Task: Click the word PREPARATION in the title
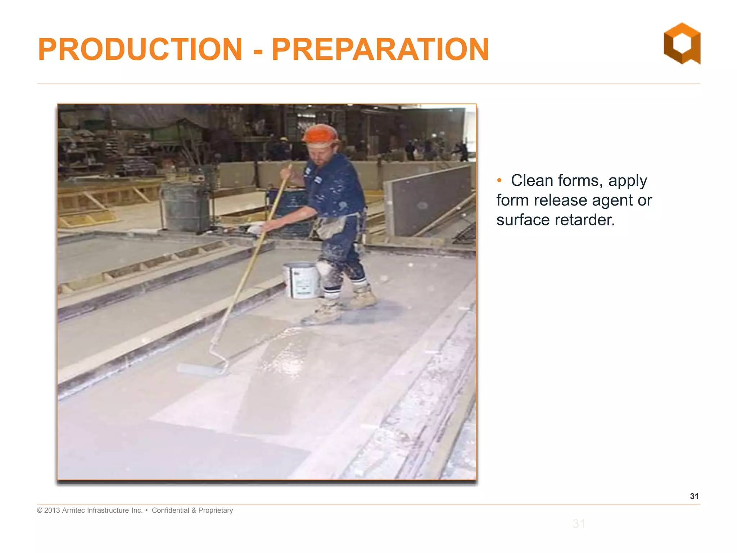pos(380,49)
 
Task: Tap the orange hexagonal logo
pos(682,43)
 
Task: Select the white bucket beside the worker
pos(302,280)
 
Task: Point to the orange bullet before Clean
pos(499,180)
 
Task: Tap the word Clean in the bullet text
pos(532,180)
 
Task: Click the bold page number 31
pos(694,496)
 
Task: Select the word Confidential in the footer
pos(170,510)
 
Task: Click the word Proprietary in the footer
pos(216,510)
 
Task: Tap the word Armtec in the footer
pos(73,510)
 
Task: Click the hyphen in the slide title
pos(258,50)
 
